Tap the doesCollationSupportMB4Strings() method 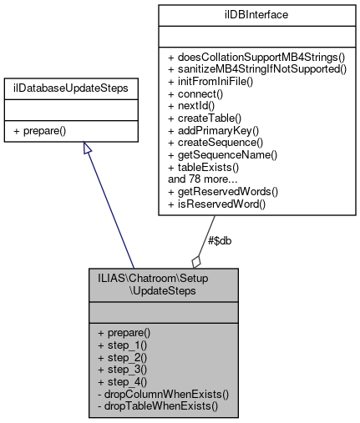coord(255,53)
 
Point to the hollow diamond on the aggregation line coord(196,260)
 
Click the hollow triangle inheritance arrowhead coord(86,149)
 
